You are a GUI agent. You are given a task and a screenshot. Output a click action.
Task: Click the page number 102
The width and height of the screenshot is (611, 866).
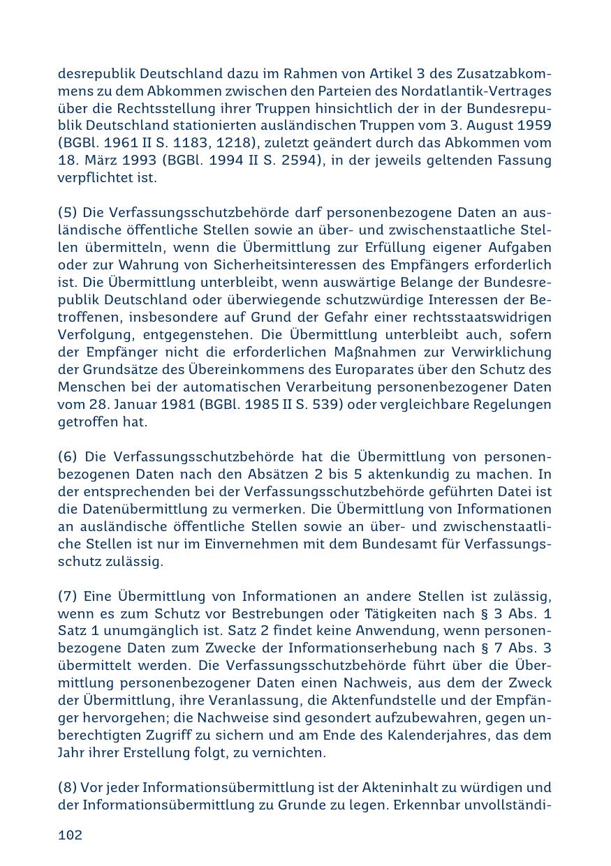70,835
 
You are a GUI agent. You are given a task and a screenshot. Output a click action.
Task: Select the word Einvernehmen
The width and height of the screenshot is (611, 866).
235,544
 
